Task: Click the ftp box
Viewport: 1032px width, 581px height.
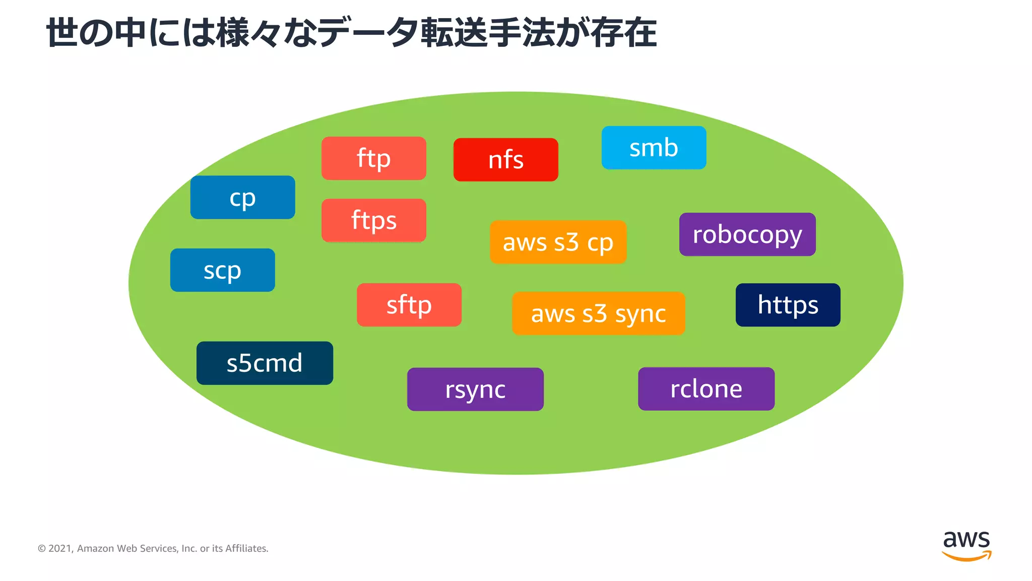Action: pos(373,158)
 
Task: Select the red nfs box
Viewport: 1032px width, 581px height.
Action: pos(505,160)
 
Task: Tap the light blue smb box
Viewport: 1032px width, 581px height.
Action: pos(654,148)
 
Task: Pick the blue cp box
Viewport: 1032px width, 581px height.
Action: pos(242,197)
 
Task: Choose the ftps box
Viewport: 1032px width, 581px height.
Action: pos(373,220)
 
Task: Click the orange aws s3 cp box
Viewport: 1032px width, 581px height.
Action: pos(558,242)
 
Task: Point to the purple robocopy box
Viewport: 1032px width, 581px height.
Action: pos(747,235)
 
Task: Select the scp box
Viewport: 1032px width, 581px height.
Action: pos(222,270)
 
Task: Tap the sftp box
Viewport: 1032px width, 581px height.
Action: pos(409,305)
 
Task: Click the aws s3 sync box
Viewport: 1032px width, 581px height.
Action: pos(598,314)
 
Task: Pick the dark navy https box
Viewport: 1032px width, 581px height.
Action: pos(788,305)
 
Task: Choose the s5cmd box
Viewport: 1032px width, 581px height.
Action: pos(265,363)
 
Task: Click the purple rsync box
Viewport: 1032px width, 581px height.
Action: pos(475,389)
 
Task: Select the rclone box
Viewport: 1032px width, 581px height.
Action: pos(706,389)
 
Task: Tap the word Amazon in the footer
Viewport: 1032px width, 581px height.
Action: pos(95,549)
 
